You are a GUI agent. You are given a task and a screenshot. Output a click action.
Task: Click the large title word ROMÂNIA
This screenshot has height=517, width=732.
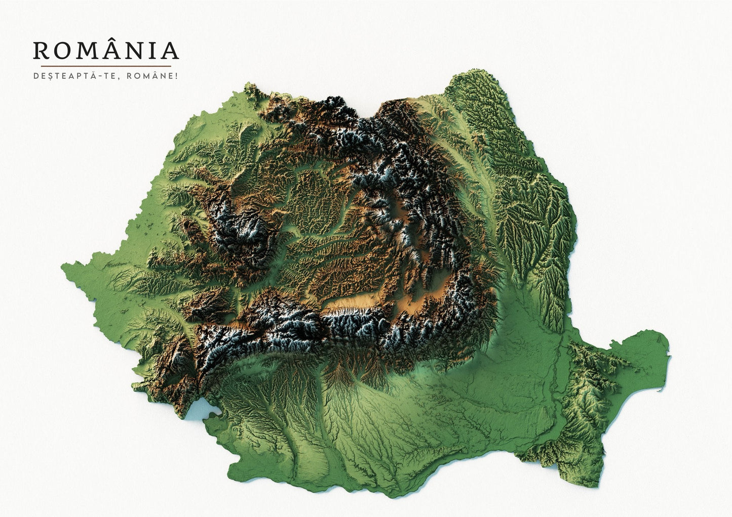click(x=106, y=50)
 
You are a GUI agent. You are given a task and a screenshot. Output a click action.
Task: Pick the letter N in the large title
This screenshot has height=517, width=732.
click(x=137, y=51)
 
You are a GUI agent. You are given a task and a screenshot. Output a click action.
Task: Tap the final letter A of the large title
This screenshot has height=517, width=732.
click(x=170, y=51)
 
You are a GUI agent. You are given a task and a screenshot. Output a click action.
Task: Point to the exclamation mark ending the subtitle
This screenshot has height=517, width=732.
click(x=177, y=77)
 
